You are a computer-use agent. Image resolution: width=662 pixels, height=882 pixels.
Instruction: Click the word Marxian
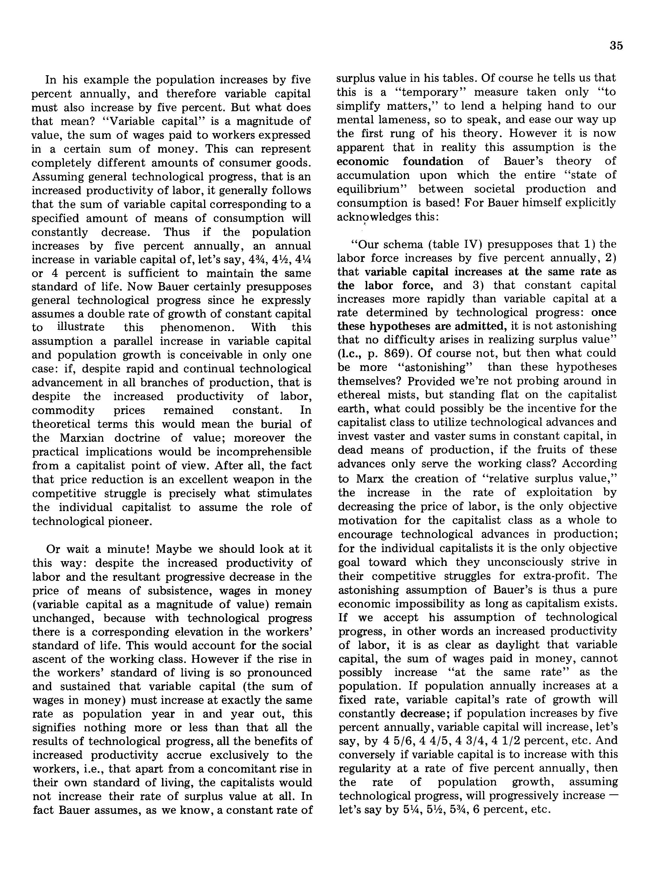[82, 438]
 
